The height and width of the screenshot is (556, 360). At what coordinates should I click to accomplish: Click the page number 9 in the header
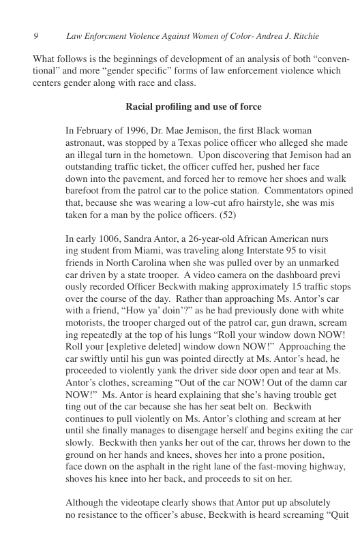click(35, 35)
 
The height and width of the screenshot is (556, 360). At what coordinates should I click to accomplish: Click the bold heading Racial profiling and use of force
click(194, 107)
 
